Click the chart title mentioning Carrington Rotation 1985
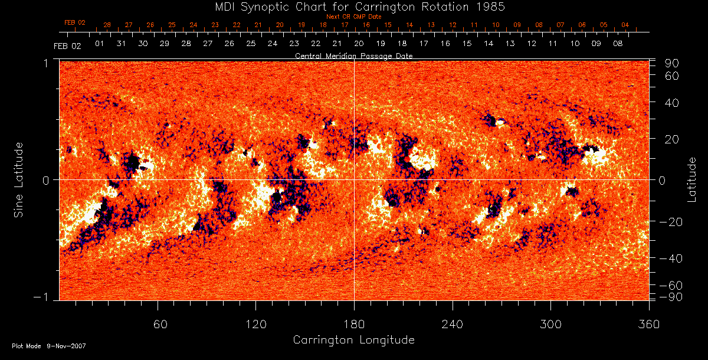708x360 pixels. tap(353, 7)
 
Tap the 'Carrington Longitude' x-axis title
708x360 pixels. tap(353, 340)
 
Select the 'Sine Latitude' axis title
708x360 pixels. tap(19, 179)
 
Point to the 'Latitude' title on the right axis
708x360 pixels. tap(693, 179)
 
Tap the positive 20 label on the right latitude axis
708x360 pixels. tap(673, 139)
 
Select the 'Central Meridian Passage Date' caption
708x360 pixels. tap(353, 56)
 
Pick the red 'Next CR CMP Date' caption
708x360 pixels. tap(353, 17)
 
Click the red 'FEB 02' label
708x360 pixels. tap(75, 22)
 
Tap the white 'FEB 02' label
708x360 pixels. tap(67, 45)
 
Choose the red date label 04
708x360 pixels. tap(625, 25)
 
